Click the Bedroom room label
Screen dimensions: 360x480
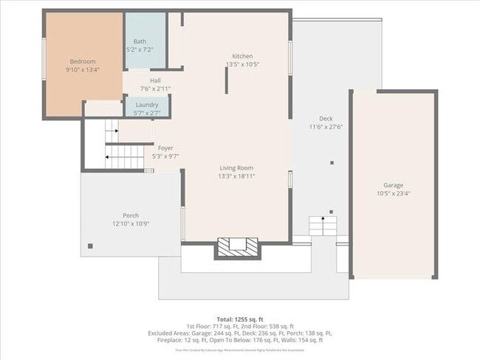(82, 61)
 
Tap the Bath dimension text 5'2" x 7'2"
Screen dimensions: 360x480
(140, 49)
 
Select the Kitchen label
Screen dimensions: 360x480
(242, 56)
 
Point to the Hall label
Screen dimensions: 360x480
(155, 80)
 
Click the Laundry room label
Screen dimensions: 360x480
(146, 105)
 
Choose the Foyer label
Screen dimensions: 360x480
(165, 148)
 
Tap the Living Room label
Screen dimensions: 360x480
(237, 168)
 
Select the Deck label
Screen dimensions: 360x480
(326, 119)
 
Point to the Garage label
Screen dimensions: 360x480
(393, 185)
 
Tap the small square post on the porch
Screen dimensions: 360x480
(91, 246)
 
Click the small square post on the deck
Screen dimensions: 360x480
(332, 162)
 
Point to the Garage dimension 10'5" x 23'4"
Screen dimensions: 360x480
(393, 193)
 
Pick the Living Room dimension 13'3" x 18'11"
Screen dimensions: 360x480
(237, 176)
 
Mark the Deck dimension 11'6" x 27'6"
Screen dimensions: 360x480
(326, 127)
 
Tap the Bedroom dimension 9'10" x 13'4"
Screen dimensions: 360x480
(82, 69)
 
